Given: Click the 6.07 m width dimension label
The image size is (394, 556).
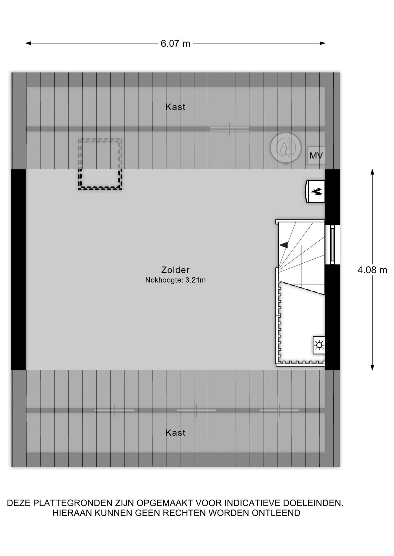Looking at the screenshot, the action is (175, 43).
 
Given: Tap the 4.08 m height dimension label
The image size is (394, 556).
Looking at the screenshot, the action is (372, 270).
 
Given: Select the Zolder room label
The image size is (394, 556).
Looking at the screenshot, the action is (175, 270).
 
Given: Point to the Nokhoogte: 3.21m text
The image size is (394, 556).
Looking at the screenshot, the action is (175, 280).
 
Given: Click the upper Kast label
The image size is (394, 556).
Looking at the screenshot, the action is (175, 107).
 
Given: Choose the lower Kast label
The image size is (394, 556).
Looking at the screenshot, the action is (175, 433).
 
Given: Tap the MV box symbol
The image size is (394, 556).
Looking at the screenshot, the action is (316, 156).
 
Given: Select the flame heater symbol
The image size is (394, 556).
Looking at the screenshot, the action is (315, 191).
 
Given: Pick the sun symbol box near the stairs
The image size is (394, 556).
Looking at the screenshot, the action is (319, 345).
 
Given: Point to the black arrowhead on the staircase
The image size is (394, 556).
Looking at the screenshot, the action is (283, 245).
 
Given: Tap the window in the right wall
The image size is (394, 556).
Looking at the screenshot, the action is (332, 244).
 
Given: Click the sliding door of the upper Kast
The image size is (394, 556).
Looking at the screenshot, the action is (229, 129).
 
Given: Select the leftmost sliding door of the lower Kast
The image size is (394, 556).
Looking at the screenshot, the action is (114, 410).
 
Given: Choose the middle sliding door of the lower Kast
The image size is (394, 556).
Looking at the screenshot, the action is (196, 410).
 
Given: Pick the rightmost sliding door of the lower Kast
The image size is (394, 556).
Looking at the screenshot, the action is (279, 410).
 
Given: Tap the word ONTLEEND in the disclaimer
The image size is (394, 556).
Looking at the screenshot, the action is (276, 513).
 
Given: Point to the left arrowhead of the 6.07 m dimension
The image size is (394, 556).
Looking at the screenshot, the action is (28, 43).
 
